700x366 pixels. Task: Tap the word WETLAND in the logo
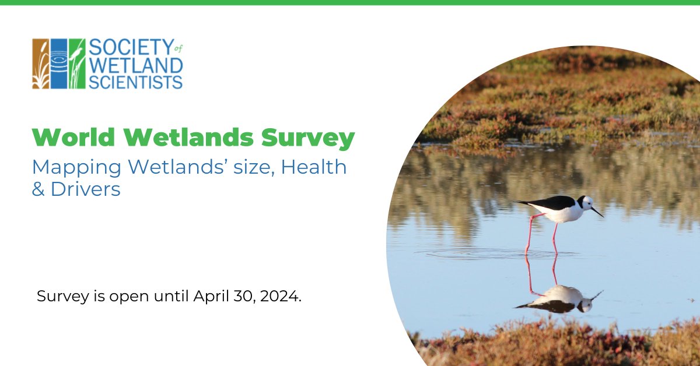tap(136, 65)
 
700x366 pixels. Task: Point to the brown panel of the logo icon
tap(41, 64)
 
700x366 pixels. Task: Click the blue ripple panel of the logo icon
tap(59, 64)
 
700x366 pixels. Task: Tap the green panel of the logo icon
tap(77, 64)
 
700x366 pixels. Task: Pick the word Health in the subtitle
tap(314, 168)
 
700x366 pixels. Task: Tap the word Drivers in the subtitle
tap(86, 189)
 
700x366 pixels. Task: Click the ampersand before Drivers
tap(38, 189)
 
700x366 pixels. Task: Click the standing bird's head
tap(585, 202)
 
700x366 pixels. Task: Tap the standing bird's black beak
tap(597, 212)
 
